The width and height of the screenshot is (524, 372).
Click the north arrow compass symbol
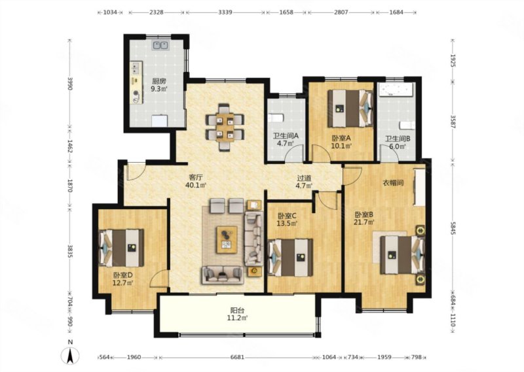(x=70, y=356)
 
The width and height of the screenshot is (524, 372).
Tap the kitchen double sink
(x=160, y=44)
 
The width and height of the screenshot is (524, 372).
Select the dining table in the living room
(x=225, y=127)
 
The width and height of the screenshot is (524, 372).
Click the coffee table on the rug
(x=227, y=239)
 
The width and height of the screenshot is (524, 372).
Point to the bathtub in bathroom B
(x=396, y=89)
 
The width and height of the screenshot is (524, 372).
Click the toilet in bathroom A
(x=276, y=118)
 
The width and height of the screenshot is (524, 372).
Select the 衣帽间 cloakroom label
(x=393, y=183)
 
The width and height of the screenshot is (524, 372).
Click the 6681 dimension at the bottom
(x=237, y=358)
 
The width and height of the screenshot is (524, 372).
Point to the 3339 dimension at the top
(x=225, y=12)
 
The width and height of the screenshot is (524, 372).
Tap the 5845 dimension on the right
(x=453, y=229)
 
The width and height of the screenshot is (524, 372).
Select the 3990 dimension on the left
(x=70, y=84)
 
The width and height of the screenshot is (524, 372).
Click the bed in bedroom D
(x=121, y=248)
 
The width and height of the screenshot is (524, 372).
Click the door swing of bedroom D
(x=159, y=279)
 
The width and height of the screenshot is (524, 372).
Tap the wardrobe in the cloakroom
(x=419, y=187)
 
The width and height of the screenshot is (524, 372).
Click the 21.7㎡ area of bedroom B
(x=364, y=222)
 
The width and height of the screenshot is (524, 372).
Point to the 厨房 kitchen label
(x=159, y=81)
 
